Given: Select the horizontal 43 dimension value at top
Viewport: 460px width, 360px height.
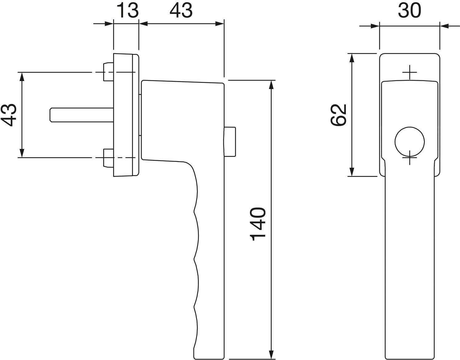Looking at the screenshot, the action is pyautogui.click(x=181, y=10).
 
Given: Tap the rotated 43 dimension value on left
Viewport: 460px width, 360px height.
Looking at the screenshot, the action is pyautogui.click(x=9, y=115).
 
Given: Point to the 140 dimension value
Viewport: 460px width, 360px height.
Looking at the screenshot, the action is pyautogui.click(x=258, y=224).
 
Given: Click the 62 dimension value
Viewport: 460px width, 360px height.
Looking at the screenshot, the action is pyautogui.click(x=338, y=115).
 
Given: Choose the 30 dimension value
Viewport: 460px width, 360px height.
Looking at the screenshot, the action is pyautogui.click(x=409, y=11).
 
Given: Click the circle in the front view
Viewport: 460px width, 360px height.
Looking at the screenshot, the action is pyautogui.click(x=410, y=142).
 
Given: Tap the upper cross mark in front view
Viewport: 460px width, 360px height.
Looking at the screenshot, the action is pyautogui.click(x=410, y=72).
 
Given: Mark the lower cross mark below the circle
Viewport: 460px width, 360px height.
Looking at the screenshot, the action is pyautogui.click(x=410, y=157).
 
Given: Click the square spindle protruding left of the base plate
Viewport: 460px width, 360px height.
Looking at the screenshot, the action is pyautogui.click(x=82, y=115).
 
